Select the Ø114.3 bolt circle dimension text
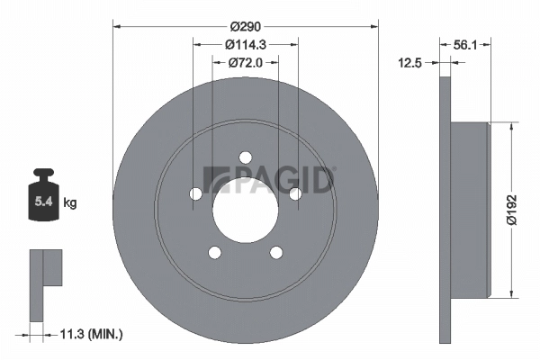pos(245,43)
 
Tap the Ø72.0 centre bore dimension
pos(245,62)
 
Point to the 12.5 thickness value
pos(410,62)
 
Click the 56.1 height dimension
pos(465,43)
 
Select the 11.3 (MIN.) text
pos(91,334)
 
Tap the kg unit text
pos(70,203)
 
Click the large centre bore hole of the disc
pos(245,209)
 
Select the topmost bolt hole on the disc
pos(245,158)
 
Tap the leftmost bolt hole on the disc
pos(196,193)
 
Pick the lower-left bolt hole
pos(214,252)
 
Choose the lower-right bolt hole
pos(275,252)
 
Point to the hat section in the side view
pos(469,211)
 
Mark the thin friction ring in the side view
pos(444,211)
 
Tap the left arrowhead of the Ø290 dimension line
pos(116,26)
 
